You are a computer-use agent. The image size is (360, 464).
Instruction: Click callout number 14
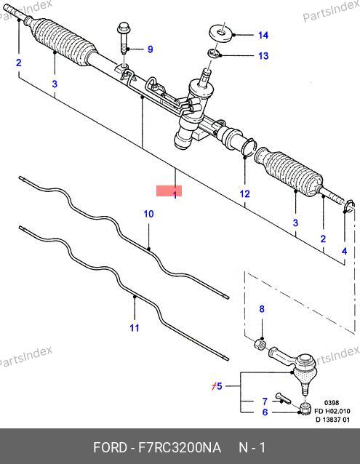(263, 35)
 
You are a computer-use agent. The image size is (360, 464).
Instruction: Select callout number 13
(263, 55)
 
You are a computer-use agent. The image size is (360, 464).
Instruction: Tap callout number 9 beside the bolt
(151, 49)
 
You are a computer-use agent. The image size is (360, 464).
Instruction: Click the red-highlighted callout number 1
(175, 194)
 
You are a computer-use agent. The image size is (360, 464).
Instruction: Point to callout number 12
(244, 194)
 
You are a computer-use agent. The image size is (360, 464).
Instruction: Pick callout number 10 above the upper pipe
(148, 214)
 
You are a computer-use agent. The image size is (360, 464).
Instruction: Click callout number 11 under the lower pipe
(135, 327)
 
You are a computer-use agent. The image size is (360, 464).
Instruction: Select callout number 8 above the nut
(262, 309)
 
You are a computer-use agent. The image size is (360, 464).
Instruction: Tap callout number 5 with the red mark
(219, 386)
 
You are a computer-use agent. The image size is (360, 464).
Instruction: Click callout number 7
(265, 401)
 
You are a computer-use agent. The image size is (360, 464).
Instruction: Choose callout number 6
(265, 412)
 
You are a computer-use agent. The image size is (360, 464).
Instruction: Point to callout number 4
(344, 251)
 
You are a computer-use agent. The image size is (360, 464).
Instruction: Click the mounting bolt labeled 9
(124, 39)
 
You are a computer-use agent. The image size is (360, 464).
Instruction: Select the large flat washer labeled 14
(220, 34)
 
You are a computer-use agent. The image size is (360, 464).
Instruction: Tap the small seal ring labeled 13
(214, 54)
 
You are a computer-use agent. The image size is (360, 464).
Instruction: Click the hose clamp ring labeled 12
(249, 146)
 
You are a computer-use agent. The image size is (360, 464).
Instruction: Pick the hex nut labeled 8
(260, 344)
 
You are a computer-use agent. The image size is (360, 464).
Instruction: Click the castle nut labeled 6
(305, 408)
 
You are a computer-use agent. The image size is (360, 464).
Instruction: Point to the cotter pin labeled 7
(282, 398)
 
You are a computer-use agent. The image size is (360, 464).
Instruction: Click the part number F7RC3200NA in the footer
(180, 447)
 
